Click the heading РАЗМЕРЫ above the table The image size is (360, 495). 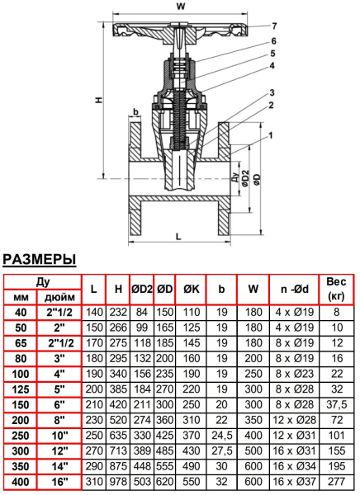(40, 260)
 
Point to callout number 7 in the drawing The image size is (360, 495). (276, 26)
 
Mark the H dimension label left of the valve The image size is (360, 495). (97, 100)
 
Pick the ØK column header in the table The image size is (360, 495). (190, 289)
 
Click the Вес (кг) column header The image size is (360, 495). (336, 288)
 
